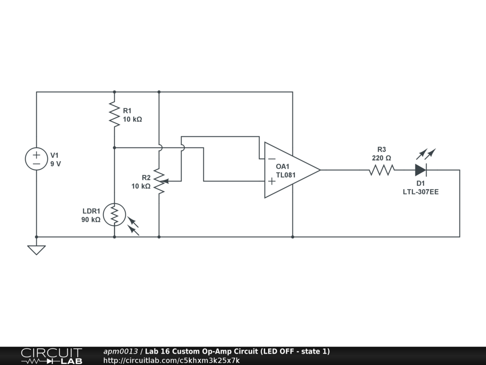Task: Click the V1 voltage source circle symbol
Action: click(x=37, y=159)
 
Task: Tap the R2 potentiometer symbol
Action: click(x=159, y=181)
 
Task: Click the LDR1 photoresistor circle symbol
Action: click(x=114, y=214)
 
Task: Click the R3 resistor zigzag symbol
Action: click(x=382, y=170)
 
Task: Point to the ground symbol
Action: click(x=37, y=250)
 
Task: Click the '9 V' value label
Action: click(x=56, y=164)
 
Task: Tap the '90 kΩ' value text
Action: click(x=91, y=220)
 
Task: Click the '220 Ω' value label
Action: click(x=382, y=158)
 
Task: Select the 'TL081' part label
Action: click(x=286, y=175)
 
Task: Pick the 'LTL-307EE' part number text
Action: click(x=421, y=192)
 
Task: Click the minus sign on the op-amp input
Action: click(x=271, y=159)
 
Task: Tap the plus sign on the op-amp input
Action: click(x=271, y=181)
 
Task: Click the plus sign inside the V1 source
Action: click(x=37, y=154)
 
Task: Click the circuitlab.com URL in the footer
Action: click(x=171, y=360)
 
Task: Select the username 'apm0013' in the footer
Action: click(x=121, y=351)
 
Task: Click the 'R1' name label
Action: click(x=127, y=111)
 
